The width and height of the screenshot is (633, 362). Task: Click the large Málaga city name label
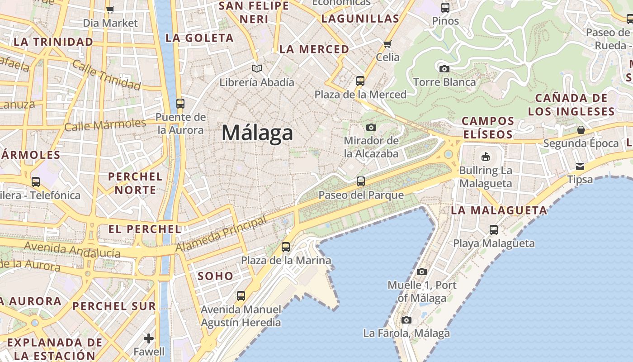pyautogui.click(x=257, y=133)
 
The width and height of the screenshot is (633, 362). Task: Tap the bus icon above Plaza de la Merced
pyautogui.click(x=360, y=81)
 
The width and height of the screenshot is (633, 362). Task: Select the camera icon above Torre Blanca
pyautogui.click(x=444, y=69)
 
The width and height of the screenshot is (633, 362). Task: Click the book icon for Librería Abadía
pyautogui.click(x=257, y=69)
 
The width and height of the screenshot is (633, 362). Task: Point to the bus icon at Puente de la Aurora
pyautogui.click(x=180, y=103)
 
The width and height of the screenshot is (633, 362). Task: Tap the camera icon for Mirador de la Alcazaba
pyautogui.click(x=371, y=127)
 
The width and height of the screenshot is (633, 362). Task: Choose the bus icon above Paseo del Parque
pyautogui.click(x=361, y=181)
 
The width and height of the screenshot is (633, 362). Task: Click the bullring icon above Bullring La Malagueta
pyautogui.click(x=485, y=157)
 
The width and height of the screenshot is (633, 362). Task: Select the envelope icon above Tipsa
pyautogui.click(x=580, y=166)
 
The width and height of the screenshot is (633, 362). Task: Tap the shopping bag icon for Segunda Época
pyautogui.click(x=581, y=130)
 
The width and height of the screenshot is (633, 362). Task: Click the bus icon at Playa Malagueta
pyautogui.click(x=494, y=229)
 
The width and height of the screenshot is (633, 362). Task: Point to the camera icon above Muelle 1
pyautogui.click(x=422, y=271)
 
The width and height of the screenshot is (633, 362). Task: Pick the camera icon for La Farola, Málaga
pyautogui.click(x=406, y=320)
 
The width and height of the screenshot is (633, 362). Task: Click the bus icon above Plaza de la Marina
pyautogui.click(x=286, y=247)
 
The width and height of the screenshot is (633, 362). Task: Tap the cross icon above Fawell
pyautogui.click(x=149, y=338)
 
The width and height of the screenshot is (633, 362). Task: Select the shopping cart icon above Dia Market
pyautogui.click(x=110, y=10)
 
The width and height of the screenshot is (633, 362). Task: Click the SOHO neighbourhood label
pyautogui.click(x=216, y=276)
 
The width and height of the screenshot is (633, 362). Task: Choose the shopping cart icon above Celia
pyautogui.click(x=387, y=44)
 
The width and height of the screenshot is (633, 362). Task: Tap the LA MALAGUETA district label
pyautogui.click(x=499, y=210)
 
